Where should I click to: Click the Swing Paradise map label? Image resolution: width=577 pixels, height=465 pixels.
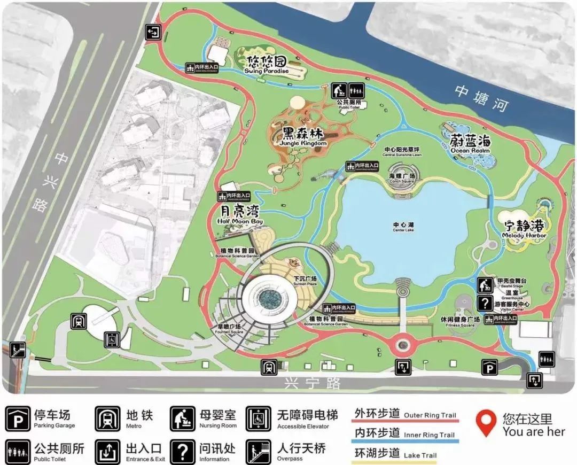pyautogui.click(x=267, y=64)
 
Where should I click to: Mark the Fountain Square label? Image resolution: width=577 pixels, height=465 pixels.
pyautogui.click(x=229, y=328)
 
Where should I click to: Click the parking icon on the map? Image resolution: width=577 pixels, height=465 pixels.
pyautogui.click(x=489, y=368)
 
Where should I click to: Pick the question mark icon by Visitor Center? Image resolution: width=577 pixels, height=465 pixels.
pyautogui.click(x=484, y=303)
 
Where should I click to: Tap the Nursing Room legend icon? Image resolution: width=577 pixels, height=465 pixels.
pyautogui.click(x=183, y=418)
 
